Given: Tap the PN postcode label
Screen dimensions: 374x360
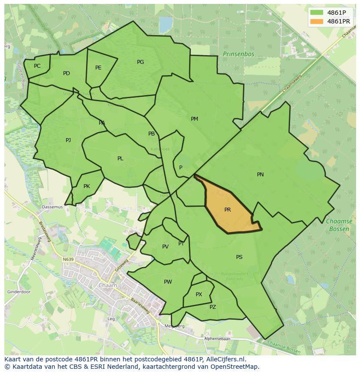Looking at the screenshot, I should [260, 175].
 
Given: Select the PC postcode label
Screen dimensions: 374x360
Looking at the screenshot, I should [37, 66].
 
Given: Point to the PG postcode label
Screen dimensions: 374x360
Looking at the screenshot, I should [140, 62].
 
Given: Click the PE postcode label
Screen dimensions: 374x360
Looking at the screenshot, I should [98, 68].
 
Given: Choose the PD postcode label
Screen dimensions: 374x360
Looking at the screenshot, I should [66, 73].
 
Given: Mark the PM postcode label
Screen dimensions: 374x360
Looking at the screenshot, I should [194, 119].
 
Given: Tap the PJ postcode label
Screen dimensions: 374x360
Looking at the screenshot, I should [68, 140].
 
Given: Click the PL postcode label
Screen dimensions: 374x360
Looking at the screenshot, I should [120, 159].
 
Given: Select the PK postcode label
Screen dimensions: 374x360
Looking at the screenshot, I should [87, 186].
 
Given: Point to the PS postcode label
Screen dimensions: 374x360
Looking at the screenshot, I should [239, 257].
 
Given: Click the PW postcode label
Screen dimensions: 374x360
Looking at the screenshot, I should [168, 282].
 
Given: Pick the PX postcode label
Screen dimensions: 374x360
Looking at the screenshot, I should [199, 295].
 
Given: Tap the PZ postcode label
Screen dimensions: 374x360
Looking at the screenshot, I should [213, 307].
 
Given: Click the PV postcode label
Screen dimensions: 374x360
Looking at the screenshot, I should [165, 247].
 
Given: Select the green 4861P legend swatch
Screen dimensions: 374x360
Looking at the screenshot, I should [317, 13].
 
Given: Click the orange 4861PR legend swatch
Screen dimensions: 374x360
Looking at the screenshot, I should [317, 21].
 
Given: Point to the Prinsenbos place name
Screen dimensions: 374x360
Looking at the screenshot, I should [238, 54].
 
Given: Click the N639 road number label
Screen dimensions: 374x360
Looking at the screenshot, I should [68, 260].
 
